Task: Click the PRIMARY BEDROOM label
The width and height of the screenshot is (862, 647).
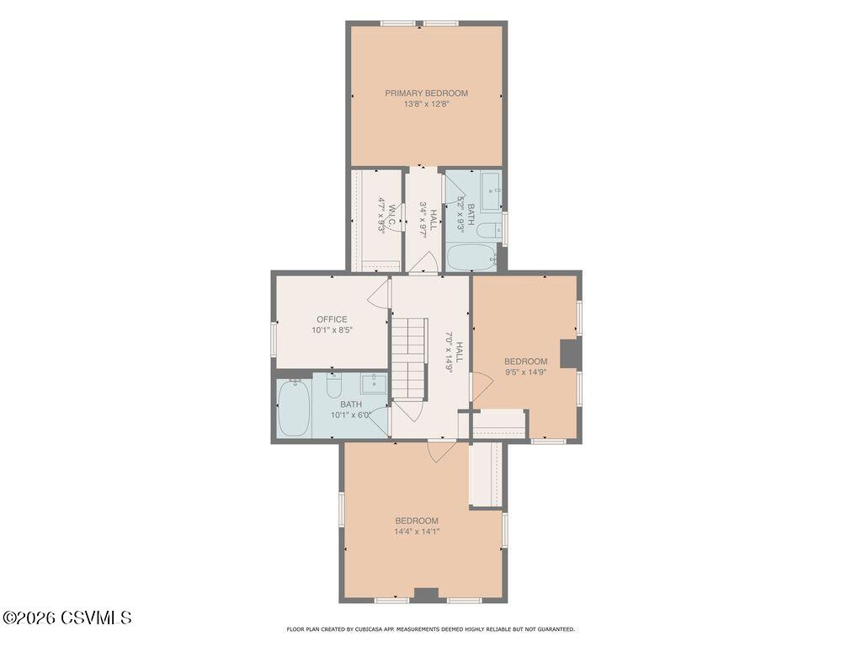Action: coord(426,94)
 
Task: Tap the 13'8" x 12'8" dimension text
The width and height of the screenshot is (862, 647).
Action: coord(427,104)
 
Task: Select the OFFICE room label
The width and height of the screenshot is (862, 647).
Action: coord(332,319)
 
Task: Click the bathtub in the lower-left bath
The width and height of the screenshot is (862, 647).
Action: coord(295,408)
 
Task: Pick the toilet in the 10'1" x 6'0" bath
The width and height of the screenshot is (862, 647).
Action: coord(333,385)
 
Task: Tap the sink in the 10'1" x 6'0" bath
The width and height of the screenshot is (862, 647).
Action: coord(375,383)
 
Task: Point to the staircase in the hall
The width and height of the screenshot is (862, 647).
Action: coord(410,358)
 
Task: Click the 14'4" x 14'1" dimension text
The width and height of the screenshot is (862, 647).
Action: coord(417,532)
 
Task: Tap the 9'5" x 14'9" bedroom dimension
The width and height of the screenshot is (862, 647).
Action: coord(525,372)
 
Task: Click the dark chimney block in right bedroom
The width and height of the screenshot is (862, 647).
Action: coord(570,354)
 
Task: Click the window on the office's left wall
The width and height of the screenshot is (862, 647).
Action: coord(274,340)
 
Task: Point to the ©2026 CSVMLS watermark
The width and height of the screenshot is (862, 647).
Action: coord(67,618)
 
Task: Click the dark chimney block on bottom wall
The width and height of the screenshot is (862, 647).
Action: coord(426,596)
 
